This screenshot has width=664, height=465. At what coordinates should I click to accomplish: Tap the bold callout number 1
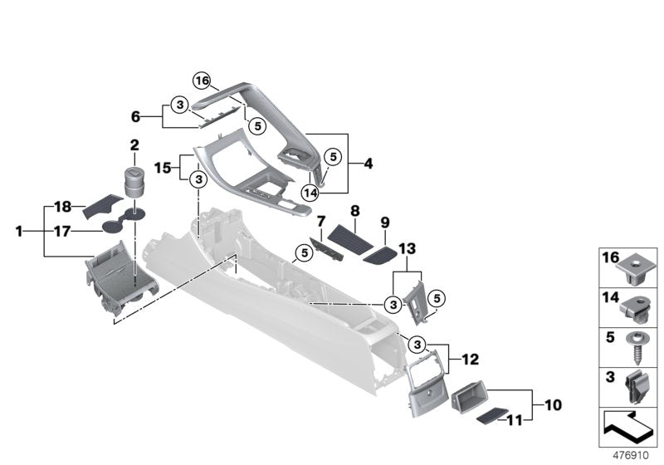coord(19,232)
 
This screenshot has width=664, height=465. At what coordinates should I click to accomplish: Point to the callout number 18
coord(63,205)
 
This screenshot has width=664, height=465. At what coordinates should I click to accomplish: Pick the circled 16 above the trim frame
coord(202,80)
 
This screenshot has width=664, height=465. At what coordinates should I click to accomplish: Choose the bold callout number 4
coord(368,164)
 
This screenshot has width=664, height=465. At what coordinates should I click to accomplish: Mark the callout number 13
coord(407,248)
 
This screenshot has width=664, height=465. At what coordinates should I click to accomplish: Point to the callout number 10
coord(553,405)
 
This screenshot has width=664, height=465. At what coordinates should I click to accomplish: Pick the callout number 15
coord(164,166)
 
